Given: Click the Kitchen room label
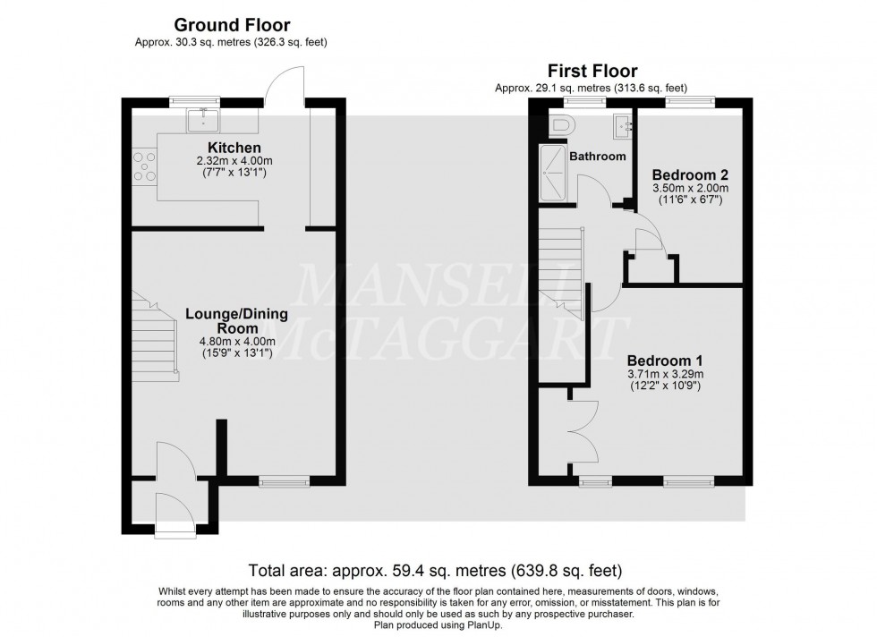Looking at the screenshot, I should coord(234,148).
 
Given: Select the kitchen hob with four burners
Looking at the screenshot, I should coord(143,166).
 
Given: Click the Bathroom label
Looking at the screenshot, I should coord(599,157).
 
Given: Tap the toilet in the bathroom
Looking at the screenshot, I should coord(561,125).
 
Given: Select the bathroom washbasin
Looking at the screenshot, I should coord(623,125).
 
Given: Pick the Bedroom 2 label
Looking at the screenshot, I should coord(688,174).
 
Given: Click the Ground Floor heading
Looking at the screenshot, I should coord(232,25).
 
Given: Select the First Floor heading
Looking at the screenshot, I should coord(593,71).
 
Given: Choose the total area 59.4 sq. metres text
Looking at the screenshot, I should coord(434,570).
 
